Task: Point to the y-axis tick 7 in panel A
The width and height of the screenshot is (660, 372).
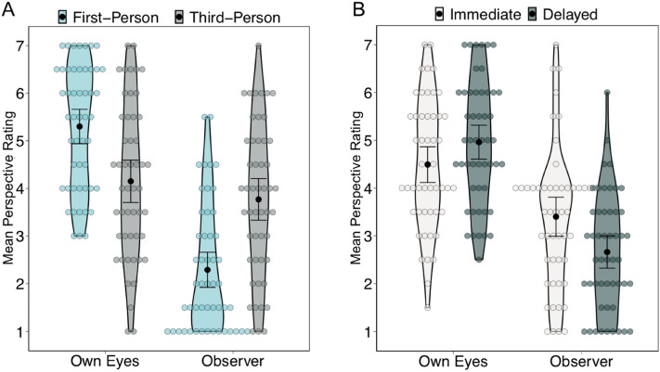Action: click(x=32, y=45)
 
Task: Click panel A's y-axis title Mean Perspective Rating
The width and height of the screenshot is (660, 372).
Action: click(x=11, y=188)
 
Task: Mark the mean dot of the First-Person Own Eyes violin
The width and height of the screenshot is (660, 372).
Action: click(x=80, y=126)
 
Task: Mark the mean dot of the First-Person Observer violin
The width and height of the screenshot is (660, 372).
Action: click(x=208, y=270)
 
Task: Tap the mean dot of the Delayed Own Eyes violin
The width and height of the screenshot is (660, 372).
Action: click(x=479, y=142)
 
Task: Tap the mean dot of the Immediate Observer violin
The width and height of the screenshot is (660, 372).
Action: click(x=555, y=216)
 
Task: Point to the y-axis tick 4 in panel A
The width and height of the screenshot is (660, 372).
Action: click(x=32, y=188)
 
